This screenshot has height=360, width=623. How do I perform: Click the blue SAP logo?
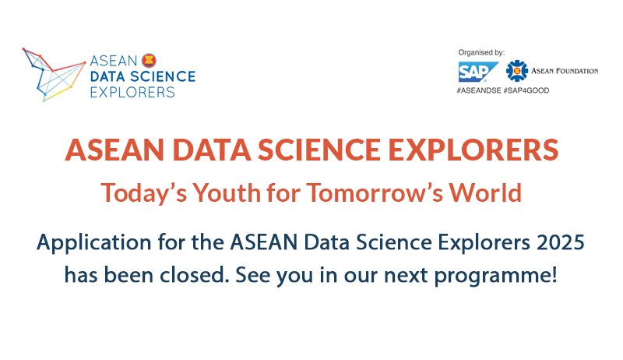478,72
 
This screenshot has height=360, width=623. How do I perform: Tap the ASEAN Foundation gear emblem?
517,71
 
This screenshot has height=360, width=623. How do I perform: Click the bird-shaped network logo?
54,75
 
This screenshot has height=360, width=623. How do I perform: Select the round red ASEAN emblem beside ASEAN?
149,61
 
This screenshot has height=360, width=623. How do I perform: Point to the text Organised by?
481,52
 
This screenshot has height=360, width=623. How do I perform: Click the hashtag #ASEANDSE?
479,90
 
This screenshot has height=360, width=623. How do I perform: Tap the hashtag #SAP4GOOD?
526,90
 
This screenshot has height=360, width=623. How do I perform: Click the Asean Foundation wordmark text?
565,71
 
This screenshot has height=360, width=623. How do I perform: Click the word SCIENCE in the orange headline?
319,150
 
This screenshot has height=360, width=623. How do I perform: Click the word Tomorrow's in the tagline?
375,192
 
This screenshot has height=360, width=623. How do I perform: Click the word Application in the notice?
94,243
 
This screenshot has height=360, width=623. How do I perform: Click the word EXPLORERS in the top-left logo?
132,92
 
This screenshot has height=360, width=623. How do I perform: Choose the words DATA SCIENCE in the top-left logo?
143,76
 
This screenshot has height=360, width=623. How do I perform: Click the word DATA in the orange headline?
211,150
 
